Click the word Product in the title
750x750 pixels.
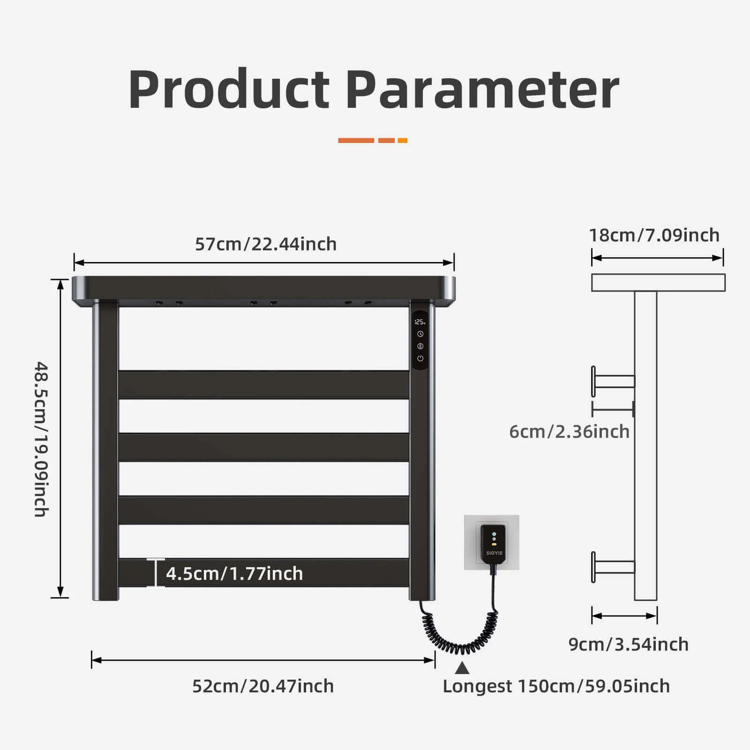coord(229,89)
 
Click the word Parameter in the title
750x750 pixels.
coord(483,89)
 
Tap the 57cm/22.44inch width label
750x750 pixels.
coord(266,244)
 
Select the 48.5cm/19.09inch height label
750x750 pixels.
coord(41,439)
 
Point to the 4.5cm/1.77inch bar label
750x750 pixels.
coord(234,574)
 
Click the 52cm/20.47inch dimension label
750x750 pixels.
coord(263,686)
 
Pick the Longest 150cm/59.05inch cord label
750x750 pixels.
coord(556,686)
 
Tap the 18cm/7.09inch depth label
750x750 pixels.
coord(654,235)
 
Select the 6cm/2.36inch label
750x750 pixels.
coord(569,432)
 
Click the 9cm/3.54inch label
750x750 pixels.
coord(629,645)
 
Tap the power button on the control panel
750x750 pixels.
coord(420,359)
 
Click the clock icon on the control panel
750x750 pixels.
coord(420,334)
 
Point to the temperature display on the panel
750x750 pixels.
coord(420,322)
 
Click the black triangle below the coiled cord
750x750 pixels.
coord(462,667)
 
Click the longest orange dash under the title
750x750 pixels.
coord(356,141)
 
